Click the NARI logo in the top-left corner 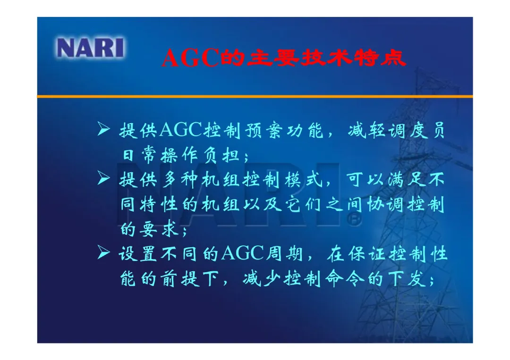[90, 48]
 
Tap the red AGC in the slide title [190, 58]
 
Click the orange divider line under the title [255, 97]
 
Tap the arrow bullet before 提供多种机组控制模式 [103, 178]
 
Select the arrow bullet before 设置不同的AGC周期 [103, 252]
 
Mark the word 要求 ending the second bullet [159, 229]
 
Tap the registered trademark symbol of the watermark [354, 220]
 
